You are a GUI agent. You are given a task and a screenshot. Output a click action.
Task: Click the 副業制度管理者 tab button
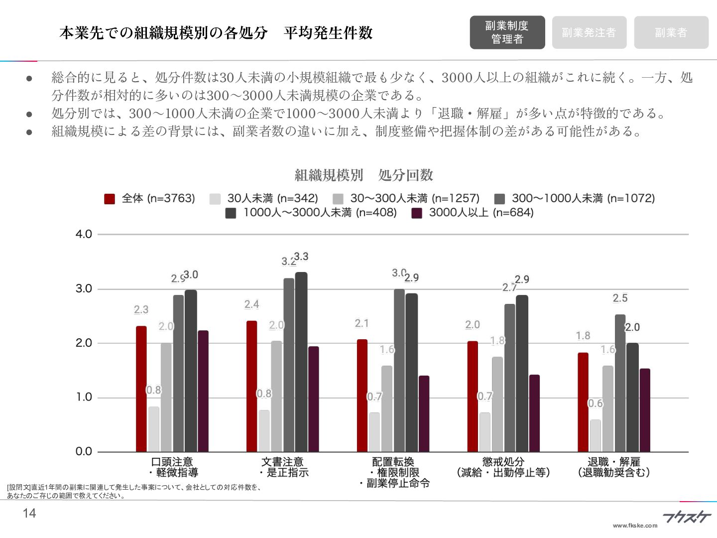(x=507, y=32)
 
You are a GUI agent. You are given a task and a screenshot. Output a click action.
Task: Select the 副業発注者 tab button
(x=589, y=32)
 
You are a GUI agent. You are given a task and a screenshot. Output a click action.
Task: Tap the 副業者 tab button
(x=671, y=32)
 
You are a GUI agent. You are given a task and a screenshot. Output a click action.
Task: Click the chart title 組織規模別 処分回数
(x=363, y=175)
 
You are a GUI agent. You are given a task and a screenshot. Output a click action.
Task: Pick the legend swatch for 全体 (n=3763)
(x=110, y=199)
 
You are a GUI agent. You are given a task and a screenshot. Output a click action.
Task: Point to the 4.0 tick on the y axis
(x=84, y=234)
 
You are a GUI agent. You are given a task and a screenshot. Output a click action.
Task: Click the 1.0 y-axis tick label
(x=84, y=397)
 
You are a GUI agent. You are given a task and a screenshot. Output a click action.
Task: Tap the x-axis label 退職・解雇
(x=613, y=467)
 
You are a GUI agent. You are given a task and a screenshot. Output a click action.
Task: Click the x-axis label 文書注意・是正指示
(x=282, y=467)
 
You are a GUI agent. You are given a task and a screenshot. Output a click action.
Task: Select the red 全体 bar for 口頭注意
(x=141, y=389)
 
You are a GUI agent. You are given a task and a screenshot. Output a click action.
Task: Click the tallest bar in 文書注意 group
(x=301, y=362)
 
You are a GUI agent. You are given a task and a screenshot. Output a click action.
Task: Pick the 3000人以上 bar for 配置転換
(x=424, y=413)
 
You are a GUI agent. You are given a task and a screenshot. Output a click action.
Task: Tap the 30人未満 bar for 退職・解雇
(x=596, y=435)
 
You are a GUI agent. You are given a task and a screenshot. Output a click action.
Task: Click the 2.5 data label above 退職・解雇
(x=620, y=298)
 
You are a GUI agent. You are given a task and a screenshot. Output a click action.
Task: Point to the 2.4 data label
(x=251, y=304)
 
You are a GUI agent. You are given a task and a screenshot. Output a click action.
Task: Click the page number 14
(x=29, y=514)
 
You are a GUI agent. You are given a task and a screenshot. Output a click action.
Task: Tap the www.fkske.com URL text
(x=635, y=526)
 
